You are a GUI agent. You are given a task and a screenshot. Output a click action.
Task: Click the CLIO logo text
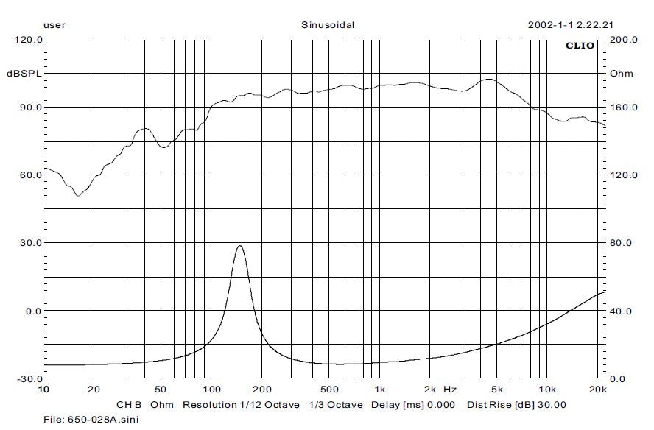(580, 46)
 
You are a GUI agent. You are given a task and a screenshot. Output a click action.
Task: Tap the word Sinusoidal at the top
(328, 24)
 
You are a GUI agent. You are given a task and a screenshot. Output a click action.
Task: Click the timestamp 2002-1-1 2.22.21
(571, 24)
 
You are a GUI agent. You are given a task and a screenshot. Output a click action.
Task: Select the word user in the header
(54, 24)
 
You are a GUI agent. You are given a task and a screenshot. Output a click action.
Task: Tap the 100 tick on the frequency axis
(211, 389)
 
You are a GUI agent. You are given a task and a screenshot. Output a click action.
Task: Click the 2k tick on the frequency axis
(430, 389)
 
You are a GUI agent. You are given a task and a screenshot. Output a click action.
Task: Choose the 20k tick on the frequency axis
(599, 389)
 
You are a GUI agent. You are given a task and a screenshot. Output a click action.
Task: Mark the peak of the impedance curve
(239, 246)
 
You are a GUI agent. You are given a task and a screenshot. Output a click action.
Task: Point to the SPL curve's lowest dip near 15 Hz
(78, 195)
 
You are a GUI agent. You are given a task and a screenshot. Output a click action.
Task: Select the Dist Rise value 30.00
(552, 405)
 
